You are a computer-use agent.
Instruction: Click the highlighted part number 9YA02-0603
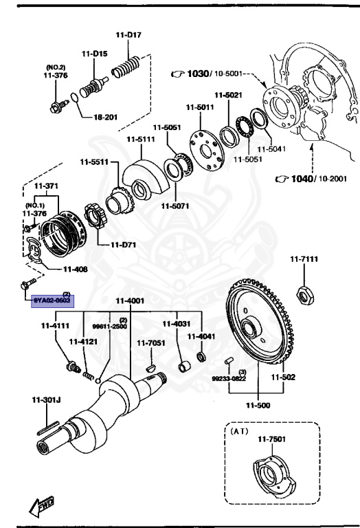pos(53,300)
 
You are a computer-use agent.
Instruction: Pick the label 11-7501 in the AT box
pos(271,439)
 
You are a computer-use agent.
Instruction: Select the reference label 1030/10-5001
pos(206,74)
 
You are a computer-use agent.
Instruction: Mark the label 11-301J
pos(43,399)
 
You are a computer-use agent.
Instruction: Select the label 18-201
pos(106,117)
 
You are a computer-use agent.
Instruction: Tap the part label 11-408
pos(75,269)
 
